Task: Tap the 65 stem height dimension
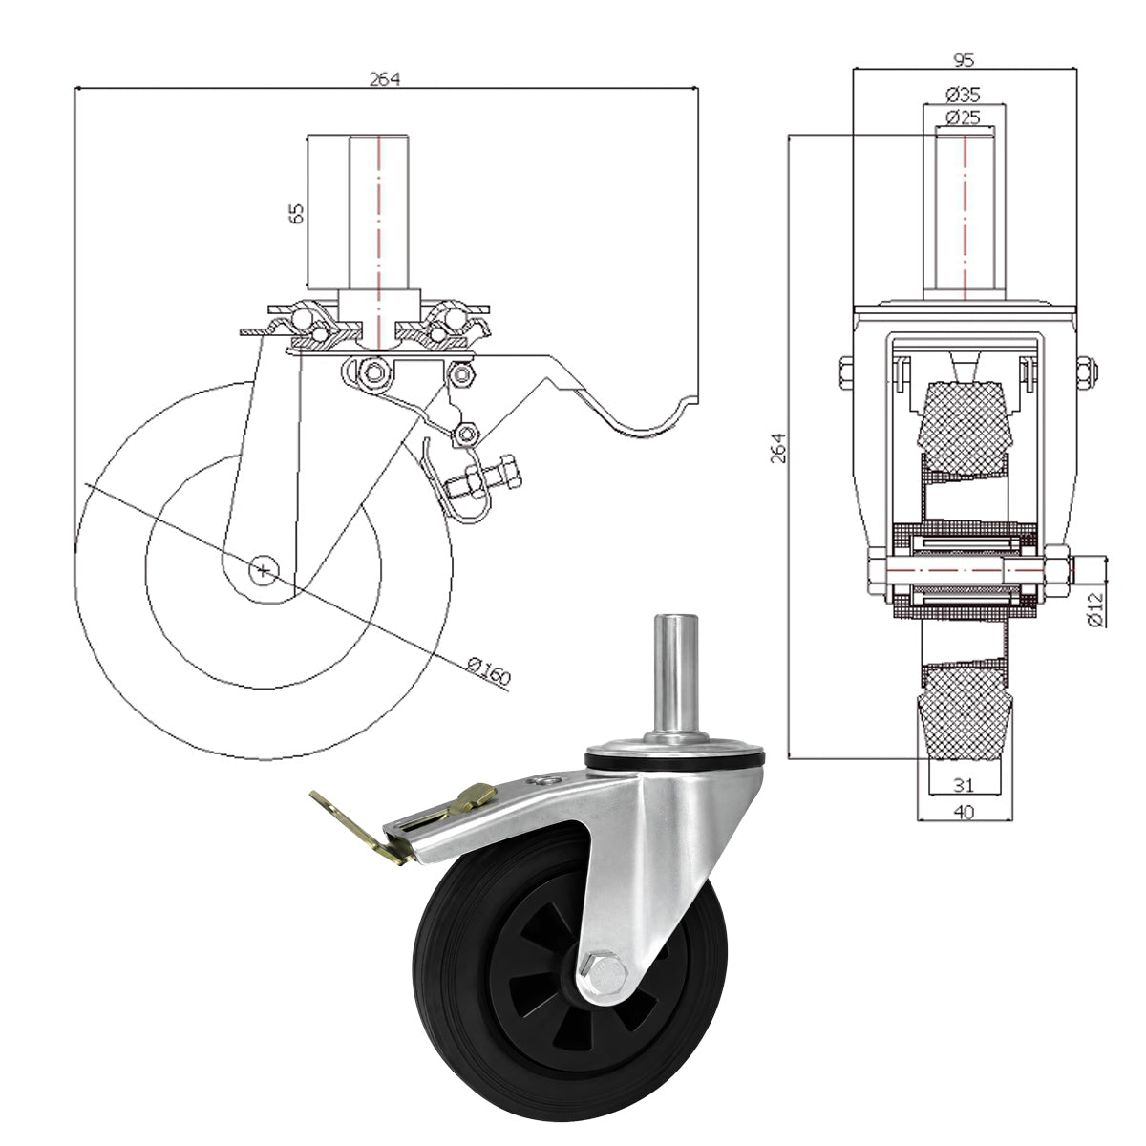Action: click(x=296, y=214)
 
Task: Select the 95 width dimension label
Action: click(x=964, y=59)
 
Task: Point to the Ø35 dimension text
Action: click(x=963, y=94)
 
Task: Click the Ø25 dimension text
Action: click(x=963, y=117)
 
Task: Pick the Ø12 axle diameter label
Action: click(x=1096, y=609)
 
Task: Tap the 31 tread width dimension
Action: click(x=964, y=785)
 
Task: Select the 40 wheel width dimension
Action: click(x=964, y=812)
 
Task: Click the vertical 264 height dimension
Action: click(x=778, y=448)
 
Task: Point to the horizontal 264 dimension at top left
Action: click(x=385, y=78)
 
